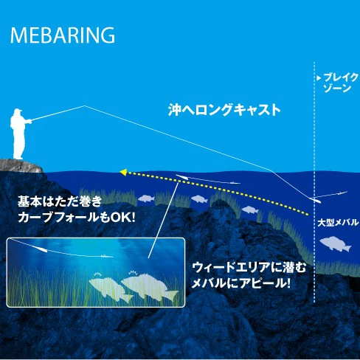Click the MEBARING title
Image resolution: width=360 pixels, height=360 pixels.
pos(63,35)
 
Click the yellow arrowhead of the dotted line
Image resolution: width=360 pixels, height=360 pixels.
pos(123,172)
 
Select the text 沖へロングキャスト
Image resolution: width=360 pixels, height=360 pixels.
pos(224,110)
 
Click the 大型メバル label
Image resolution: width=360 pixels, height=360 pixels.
pos(338,223)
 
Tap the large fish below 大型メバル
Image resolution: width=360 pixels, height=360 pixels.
pos(336,244)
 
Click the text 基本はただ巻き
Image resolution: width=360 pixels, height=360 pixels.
pos(60,201)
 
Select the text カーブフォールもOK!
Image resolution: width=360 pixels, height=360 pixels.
pos(77,218)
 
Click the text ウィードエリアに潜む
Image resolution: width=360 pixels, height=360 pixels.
pos(249,268)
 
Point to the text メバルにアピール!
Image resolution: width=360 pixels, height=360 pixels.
pos(240,283)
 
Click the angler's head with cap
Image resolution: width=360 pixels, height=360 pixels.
pos(18,113)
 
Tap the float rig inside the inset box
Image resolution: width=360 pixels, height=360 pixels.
pos(41,249)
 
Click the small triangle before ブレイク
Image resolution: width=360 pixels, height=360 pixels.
pos(319,78)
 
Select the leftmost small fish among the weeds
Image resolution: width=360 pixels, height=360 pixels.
pos(146,198)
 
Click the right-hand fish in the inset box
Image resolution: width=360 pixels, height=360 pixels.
pos(150,287)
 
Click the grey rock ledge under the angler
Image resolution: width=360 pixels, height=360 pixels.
pos(20,166)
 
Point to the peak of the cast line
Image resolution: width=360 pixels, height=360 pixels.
pos(84,106)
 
